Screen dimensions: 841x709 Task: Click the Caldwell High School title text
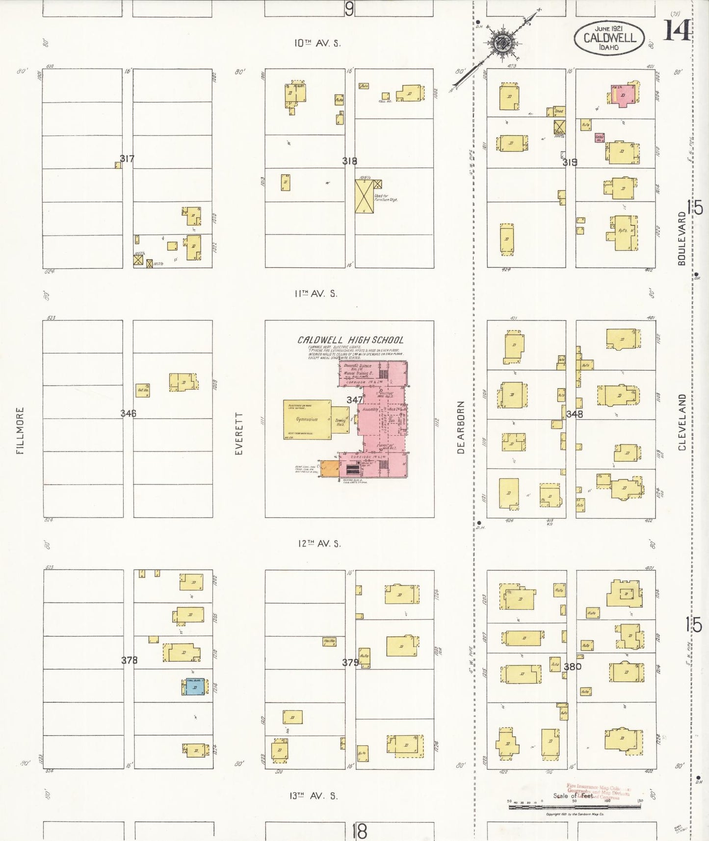350,340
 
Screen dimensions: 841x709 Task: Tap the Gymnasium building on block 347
307,420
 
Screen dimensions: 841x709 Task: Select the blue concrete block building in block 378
194,687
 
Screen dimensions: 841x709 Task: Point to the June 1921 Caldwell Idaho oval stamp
609,37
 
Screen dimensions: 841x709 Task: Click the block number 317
127,158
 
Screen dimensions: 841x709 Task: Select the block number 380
572,666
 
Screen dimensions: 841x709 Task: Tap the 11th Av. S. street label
315,293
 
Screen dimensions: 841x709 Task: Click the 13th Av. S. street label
313,796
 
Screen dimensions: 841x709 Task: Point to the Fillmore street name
20,430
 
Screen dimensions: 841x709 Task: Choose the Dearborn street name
460,427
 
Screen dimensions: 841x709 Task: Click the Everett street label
239,433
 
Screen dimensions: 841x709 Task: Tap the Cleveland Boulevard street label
682,422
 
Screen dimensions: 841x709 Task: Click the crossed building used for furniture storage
364,196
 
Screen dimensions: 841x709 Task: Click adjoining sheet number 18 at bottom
359,831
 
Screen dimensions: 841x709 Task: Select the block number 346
128,413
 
